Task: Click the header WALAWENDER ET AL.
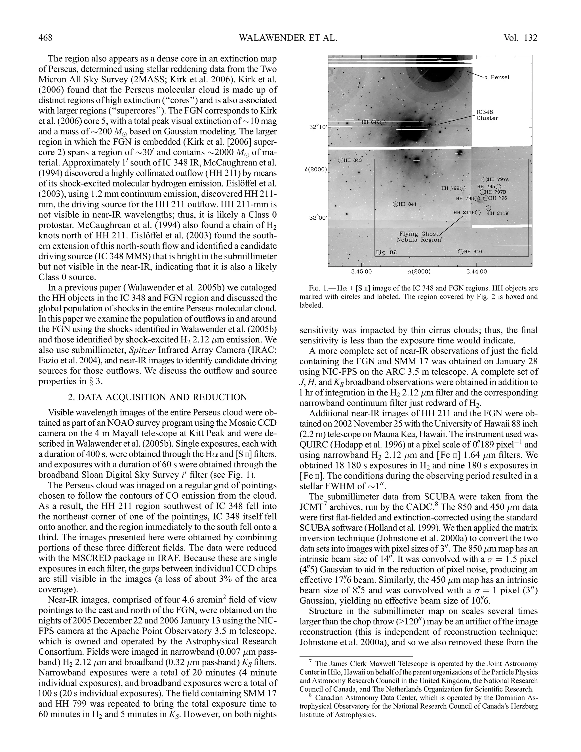[288, 37]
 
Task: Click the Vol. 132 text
[520, 37]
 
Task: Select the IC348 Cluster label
[487, 115]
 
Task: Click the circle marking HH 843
[340, 160]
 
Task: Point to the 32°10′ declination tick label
[318, 127]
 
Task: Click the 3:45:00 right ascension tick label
[361, 272]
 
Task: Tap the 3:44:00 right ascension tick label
[476, 272]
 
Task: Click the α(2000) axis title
[418, 272]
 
